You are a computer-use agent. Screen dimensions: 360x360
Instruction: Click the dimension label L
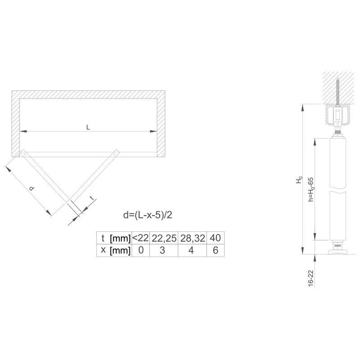click(x=88, y=127)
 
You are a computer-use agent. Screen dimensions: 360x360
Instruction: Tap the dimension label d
click(x=32, y=189)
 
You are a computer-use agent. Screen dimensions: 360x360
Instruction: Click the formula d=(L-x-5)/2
click(x=148, y=215)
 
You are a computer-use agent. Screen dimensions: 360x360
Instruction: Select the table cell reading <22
click(x=141, y=238)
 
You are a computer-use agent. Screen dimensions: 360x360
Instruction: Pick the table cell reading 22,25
click(x=164, y=238)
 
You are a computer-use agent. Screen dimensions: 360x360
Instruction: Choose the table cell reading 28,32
click(x=193, y=238)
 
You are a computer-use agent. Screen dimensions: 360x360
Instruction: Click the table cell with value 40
click(x=216, y=238)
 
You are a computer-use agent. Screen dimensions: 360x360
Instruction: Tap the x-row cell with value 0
click(x=141, y=250)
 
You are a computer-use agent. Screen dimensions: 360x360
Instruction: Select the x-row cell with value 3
click(x=162, y=250)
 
